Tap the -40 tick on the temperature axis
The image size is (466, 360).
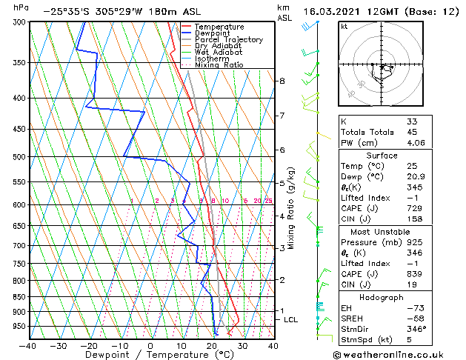click(28, 345)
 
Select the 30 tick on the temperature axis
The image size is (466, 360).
click(242, 345)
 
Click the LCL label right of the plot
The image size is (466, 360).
click(290, 319)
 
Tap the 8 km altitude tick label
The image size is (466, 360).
click(282, 80)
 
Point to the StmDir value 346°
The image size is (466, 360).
click(416, 329)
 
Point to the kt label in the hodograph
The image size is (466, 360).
click(344, 27)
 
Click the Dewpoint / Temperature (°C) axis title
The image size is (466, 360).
click(150, 355)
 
